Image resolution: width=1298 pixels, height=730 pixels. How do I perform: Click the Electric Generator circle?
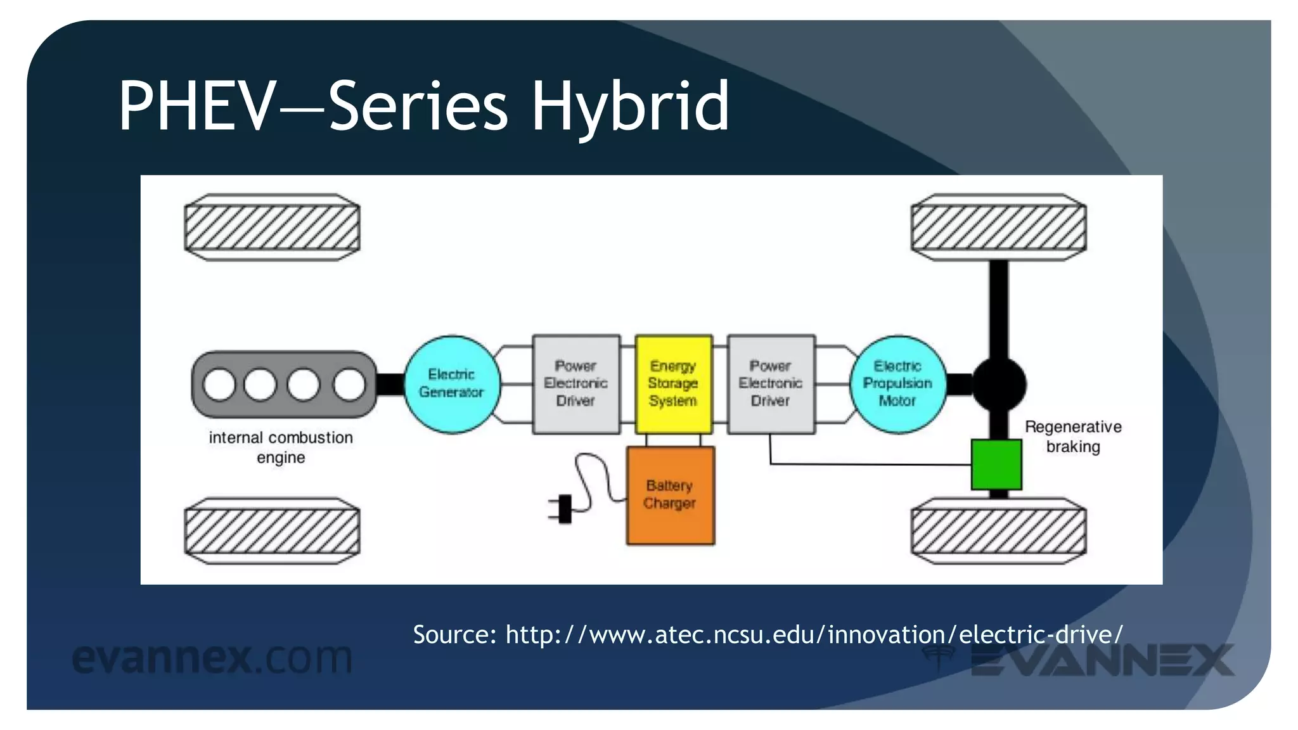[x=451, y=384]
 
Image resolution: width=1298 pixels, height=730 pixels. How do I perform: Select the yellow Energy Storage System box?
[x=673, y=384]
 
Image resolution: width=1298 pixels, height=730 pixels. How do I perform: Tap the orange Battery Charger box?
[x=670, y=495]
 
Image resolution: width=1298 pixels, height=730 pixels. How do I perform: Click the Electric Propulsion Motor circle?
[x=897, y=384]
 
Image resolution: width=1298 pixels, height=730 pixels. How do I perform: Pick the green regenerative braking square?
[x=996, y=464]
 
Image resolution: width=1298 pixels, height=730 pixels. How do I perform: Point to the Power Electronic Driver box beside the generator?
[x=575, y=384]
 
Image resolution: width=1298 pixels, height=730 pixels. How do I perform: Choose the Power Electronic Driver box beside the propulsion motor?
[x=771, y=384]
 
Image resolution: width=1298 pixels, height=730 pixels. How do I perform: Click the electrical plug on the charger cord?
[x=563, y=509]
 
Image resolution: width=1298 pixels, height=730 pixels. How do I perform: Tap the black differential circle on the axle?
[x=999, y=384]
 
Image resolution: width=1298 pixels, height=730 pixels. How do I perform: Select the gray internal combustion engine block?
[x=284, y=385]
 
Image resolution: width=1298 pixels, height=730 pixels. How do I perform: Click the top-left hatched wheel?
[x=272, y=227]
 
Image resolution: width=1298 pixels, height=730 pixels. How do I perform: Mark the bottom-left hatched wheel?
[x=272, y=531]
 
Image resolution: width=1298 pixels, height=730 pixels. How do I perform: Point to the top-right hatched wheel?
[x=998, y=227]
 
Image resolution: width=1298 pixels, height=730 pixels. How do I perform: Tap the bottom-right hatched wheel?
[x=998, y=531]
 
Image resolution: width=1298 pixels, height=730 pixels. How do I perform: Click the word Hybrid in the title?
[x=630, y=106]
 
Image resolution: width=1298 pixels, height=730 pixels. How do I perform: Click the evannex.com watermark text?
[x=212, y=658]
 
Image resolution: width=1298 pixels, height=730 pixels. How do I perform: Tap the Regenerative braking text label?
[x=1073, y=437]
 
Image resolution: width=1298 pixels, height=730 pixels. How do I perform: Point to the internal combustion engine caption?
[x=281, y=447]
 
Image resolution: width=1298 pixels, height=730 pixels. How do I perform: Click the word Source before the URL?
[x=454, y=634]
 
